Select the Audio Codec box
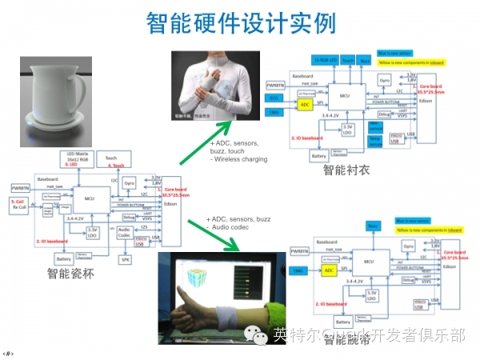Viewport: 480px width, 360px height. [125, 233]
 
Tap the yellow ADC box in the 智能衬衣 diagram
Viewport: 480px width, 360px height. [304, 105]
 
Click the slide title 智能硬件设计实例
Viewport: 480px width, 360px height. [240, 24]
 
